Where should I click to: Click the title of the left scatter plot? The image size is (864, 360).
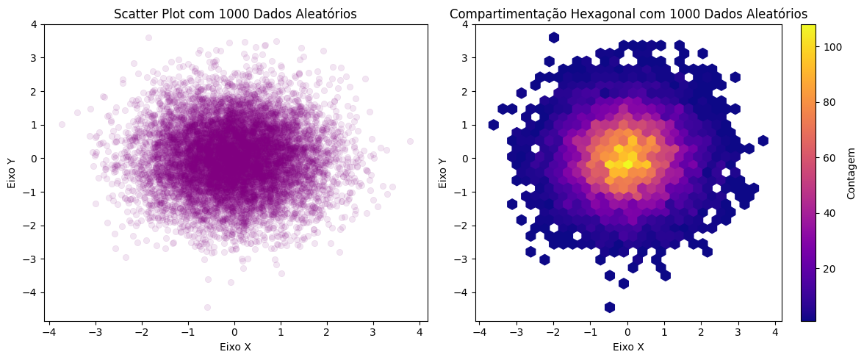[x=235, y=14]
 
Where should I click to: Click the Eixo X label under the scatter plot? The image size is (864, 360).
[x=235, y=348]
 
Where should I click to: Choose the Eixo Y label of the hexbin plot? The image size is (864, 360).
[x=443, y=172]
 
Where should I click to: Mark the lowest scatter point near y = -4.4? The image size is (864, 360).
[x=207, y=307]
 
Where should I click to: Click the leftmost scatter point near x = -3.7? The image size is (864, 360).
[x=62, y=125]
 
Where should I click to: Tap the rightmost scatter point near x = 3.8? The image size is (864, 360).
[x=410, y=141]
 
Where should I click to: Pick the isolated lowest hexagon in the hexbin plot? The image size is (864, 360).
[x=610, y=307]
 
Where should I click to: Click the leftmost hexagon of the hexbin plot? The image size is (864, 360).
[x=493, y=125]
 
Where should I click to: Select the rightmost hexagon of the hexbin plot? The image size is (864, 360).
[x=763, y=140]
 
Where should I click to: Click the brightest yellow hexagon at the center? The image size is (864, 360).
[x=627, y=165]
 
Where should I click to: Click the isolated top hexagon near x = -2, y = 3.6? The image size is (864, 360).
[x=554, y=37]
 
